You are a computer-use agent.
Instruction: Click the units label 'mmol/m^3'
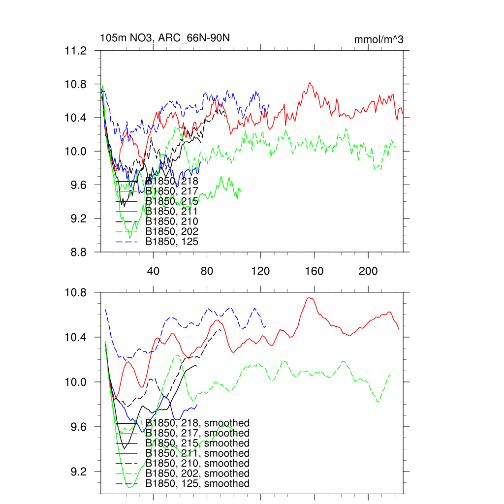(378, 39)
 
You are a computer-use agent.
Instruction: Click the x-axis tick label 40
(154, 271)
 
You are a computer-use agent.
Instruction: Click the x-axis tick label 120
(261, 271)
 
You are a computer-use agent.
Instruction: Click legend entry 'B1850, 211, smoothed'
(197, 453)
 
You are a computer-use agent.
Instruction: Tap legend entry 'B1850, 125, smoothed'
(197, 484)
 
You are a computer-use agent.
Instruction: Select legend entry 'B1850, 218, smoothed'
(197, 423)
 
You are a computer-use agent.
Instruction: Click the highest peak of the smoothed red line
(309, 298)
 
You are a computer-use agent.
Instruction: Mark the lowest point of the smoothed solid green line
(130, 488)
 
